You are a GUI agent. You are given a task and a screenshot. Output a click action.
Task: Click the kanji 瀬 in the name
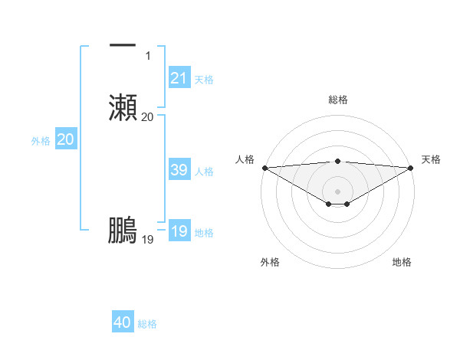(123, 106)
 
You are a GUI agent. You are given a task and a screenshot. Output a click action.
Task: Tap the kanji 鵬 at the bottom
(123, 230)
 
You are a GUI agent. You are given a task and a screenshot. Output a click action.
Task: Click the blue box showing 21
(179, 77)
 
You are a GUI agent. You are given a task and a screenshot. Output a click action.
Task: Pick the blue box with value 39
(179, 170)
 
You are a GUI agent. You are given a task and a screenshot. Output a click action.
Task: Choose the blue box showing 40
(123, 322)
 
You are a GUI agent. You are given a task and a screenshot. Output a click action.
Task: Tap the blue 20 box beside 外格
(66, 139)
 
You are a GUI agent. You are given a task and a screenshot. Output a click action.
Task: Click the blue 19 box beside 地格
(179, 231)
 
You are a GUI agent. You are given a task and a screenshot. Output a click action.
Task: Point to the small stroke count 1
(148, 55)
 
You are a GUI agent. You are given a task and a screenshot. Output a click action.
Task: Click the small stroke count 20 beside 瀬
(148, 116)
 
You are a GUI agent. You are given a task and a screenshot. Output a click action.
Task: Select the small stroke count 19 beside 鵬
(148, 240)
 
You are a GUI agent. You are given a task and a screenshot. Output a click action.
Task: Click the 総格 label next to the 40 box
(147, 324)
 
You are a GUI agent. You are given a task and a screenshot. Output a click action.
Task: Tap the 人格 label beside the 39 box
(204, 172)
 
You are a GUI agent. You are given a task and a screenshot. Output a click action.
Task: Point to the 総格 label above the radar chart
(338, 100)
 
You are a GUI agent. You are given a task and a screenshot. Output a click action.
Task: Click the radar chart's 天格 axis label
(432, 159)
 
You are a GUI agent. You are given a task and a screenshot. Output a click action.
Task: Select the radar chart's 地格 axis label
(402, 262)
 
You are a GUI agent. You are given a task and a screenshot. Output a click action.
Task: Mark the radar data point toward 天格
(412, 168)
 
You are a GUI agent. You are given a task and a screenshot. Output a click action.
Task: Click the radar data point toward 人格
(264, 168)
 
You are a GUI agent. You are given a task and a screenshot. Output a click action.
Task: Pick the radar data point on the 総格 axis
(338, 161)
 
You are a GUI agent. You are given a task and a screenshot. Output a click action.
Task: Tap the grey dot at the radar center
(338, 191)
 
